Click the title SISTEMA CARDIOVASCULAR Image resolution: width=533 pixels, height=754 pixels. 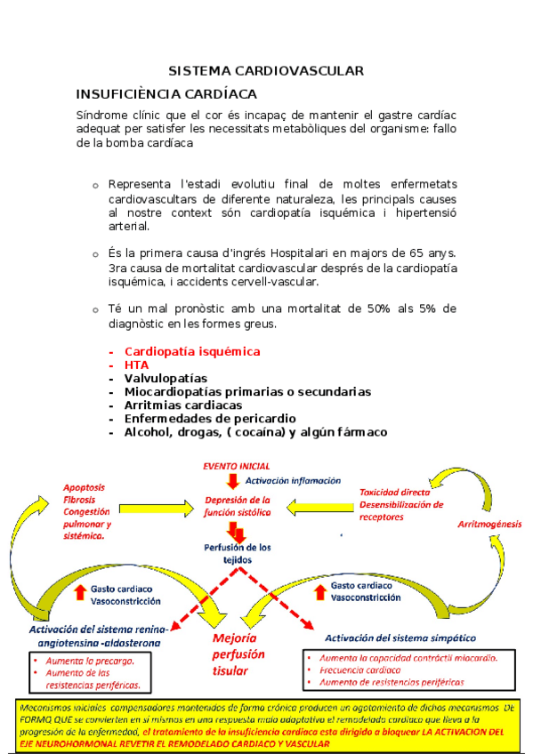click(x=266, y=70)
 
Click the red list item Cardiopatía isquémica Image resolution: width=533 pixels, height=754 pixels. click(x=192, y=351)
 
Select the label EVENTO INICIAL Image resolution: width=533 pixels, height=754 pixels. click(x=237, y=466)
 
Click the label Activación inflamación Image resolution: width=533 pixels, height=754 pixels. click(x=293, y=480)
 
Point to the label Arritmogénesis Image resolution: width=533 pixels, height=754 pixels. click(x=489, y=525)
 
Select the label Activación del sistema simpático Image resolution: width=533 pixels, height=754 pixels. click(x=400, y=638)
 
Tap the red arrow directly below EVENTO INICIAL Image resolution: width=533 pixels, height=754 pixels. click(x=233, y=481)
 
